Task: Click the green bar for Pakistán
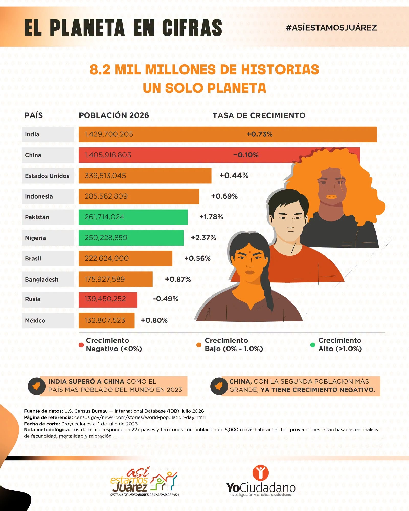click(133, 217)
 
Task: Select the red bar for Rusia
click(108, 299)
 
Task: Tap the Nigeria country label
click(35, 238)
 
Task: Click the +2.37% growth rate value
click(203, 238)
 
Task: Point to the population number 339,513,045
click(105, 176)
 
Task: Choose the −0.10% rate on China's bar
click(246, 155)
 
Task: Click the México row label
click(35, 320)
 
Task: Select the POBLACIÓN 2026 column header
click(114, 115)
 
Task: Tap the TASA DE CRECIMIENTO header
click(259, 115)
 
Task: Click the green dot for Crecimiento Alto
click(312, 345)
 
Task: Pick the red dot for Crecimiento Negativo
click(82, 345)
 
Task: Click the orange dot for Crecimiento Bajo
click(199, 345)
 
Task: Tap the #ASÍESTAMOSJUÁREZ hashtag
click(331, 28)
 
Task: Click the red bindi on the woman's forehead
click(250, 253)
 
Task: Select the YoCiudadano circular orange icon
click(260, 472)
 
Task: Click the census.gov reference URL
click(140, 417)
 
